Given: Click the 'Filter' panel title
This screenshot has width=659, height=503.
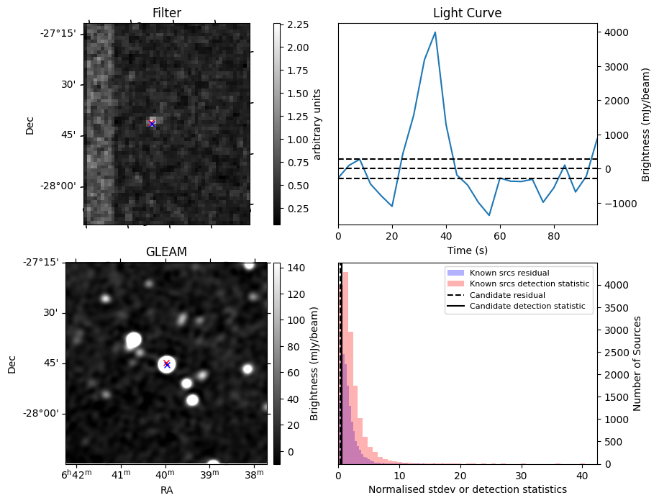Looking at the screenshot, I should pyautogui.click(x=166, y=13).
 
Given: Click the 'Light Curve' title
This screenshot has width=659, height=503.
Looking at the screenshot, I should pyautogui.click(x=467, y=13).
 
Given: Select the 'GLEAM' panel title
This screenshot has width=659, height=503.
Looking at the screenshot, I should pyautogui.click(x=166, y=252).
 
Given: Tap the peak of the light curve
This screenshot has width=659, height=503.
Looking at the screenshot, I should pyautogui.click(x=435, y=32).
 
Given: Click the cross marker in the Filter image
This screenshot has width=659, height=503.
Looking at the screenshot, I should pyautogui.click(x=152, y=123).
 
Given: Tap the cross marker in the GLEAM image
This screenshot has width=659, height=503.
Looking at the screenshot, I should pyautogui.click(x=167, y=364).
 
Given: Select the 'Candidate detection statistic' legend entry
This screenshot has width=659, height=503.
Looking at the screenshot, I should pyautogui.click(x=528, y=307).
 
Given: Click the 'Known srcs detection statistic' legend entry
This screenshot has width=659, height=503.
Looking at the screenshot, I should pyautogui.click(x=529, y=284).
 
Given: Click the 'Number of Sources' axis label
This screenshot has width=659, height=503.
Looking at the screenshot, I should pyautogui.click(x=637, y=363).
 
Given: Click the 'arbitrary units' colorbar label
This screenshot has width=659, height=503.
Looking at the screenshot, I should pyautogui.click(x=317, y=124).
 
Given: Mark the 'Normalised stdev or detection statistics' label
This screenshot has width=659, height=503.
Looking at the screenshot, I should pyautogui.click(x=467, y=489).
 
